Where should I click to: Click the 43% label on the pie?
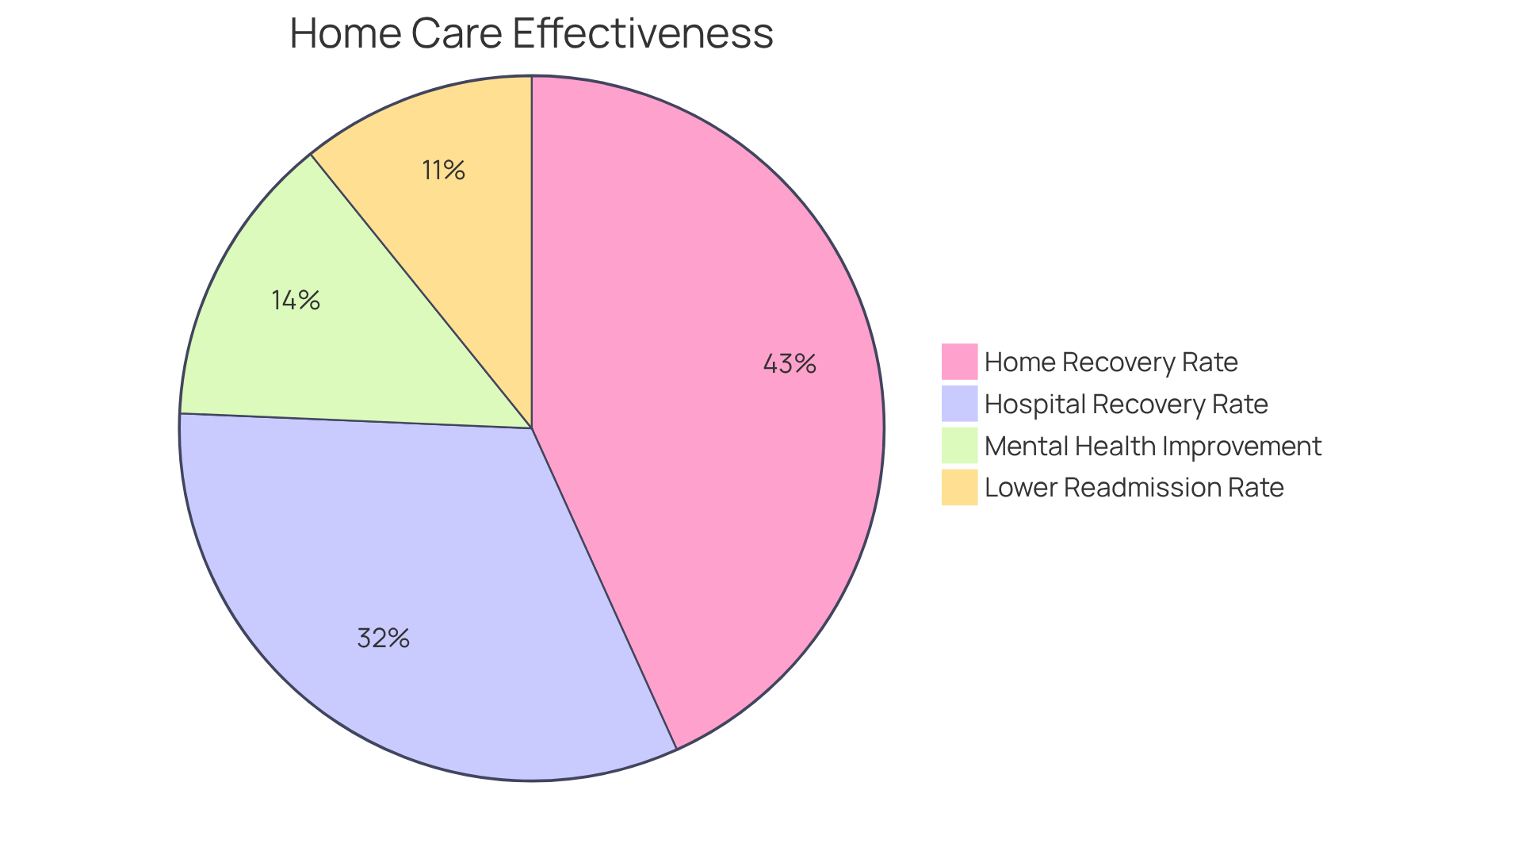coord(790,364)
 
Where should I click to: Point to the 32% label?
coord(383,638)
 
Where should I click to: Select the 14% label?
coord(296,300)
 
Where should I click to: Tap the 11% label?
coord(443,170)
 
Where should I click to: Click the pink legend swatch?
coord(959,362)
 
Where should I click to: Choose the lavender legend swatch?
coord(959,404)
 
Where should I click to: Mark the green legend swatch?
coord(959,446)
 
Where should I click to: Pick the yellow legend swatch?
coord(959,487)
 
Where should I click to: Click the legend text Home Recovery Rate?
coord(1111,362)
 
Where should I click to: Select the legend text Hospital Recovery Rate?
coord(1126,404)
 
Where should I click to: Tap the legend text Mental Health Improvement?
coord(1153,446)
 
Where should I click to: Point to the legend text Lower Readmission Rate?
coord(1134,487)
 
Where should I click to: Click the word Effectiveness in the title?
coord(642,33)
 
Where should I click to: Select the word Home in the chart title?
coord(345,33)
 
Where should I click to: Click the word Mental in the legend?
coord(1027,446)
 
